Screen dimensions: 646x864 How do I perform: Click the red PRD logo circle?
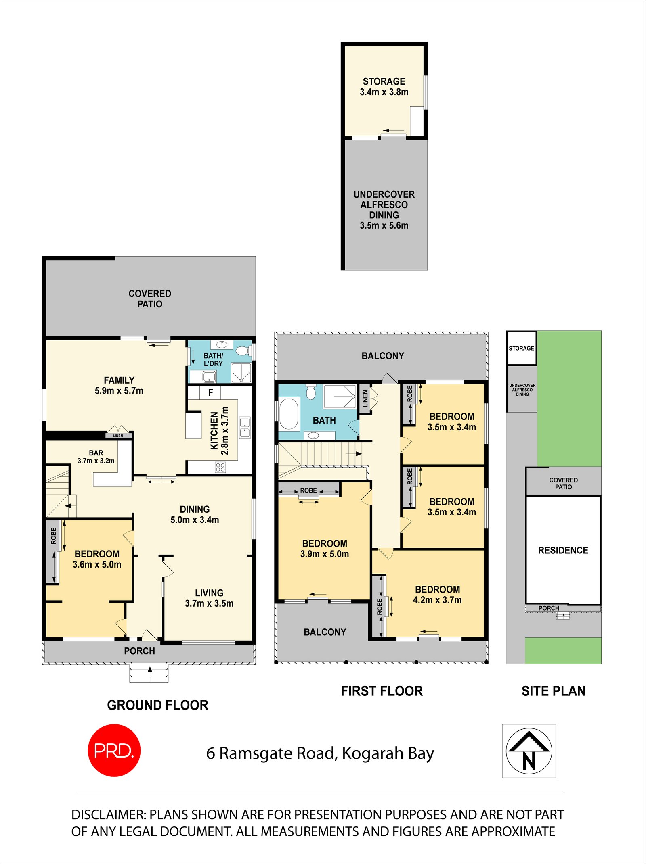pos(114,751)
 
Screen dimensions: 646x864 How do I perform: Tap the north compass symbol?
pos(529,751)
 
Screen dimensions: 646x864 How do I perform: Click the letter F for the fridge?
pos(210,392)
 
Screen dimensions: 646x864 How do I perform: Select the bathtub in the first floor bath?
pos(289,414)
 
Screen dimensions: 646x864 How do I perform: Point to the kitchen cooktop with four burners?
pos(220,467)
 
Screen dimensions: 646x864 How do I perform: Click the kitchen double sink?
pos(245,428)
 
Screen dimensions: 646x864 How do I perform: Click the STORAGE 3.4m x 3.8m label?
pos(384,87)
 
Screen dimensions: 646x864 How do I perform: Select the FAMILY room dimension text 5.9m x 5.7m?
pos(119,391)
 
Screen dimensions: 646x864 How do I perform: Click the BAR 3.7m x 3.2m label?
pos(96,457)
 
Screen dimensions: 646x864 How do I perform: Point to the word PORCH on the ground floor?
pos(139,651)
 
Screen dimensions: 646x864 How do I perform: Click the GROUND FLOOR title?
pos(157,705)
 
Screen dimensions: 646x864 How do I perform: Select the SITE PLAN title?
pos(554,691)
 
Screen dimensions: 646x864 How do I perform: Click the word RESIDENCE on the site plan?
pos(563,550)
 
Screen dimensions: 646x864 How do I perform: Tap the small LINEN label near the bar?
pos(118,436)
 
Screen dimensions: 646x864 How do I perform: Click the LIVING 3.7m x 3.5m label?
pos(209,598)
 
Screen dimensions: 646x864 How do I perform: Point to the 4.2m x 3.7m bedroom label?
pos(437,600)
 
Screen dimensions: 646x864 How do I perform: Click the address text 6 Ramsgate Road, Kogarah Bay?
pos(320,753)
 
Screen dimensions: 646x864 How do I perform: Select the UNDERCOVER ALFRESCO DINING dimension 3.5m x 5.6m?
pos(384,225)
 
